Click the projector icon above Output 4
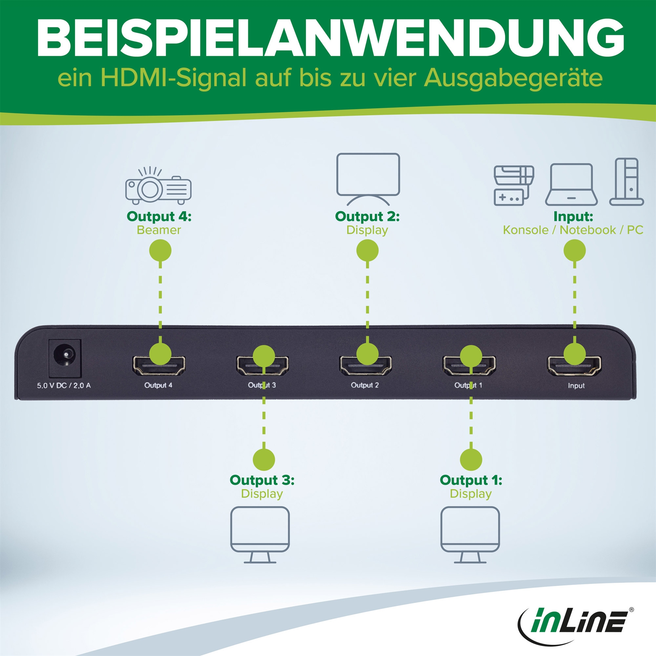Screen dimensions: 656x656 click(158, 186)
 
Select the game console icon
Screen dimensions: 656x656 click(514, 186)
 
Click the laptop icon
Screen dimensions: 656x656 click(571, 184)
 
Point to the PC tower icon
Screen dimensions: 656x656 click(627, 182)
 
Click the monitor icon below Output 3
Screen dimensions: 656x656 click(260, 535)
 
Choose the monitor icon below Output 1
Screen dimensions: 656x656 click(470, 535)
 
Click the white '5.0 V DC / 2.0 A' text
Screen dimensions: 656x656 click(64, 385)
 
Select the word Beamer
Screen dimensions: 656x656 click(159, 230)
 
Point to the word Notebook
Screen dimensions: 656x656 click(588, 230)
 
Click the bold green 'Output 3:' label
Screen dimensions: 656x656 click(262, 480)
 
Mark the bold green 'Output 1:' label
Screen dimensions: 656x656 click(471, 480)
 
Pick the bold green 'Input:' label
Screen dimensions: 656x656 click(573, 216)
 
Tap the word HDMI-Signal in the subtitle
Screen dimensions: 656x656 click(173, 78)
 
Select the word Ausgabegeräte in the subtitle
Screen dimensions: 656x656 click(513, 78)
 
